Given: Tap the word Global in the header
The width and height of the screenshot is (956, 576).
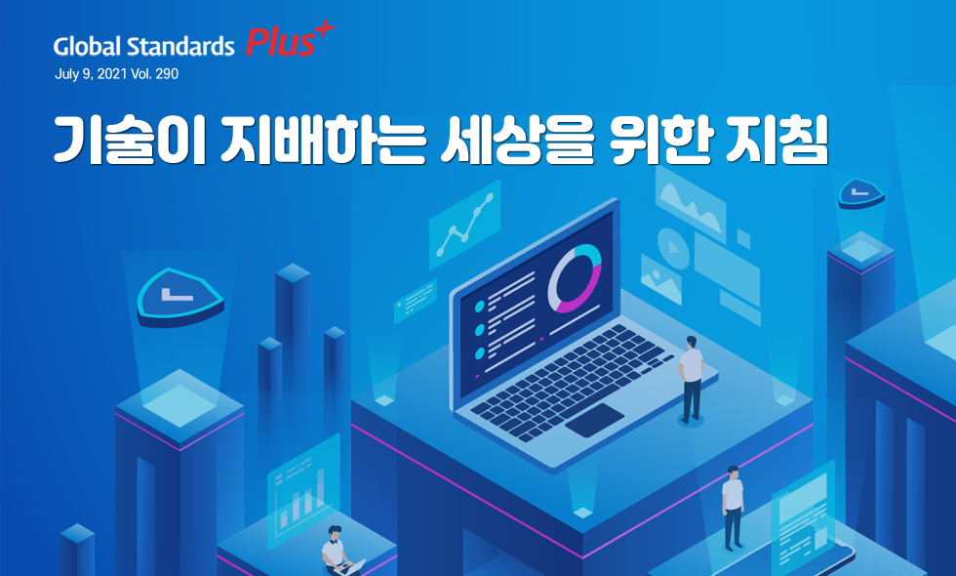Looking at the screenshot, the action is pos(88,46).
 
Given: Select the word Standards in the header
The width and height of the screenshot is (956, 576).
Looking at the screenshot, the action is pos(181,46).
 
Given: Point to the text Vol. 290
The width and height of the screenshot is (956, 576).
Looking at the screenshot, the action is pos(155,74).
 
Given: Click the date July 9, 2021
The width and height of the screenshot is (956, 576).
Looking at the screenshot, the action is pos(91,74).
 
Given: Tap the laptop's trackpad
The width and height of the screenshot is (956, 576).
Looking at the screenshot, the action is pos(594,421).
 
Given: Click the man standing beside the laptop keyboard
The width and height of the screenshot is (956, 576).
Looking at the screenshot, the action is pos(691,379).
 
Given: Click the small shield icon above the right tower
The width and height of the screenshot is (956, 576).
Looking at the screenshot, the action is pos(860,193).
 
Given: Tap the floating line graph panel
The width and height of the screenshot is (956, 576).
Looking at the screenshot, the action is pos(464,224).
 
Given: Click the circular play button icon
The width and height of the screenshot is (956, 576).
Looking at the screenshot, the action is pos(673,248).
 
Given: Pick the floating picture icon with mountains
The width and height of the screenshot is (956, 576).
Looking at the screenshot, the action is pos(661,279).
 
